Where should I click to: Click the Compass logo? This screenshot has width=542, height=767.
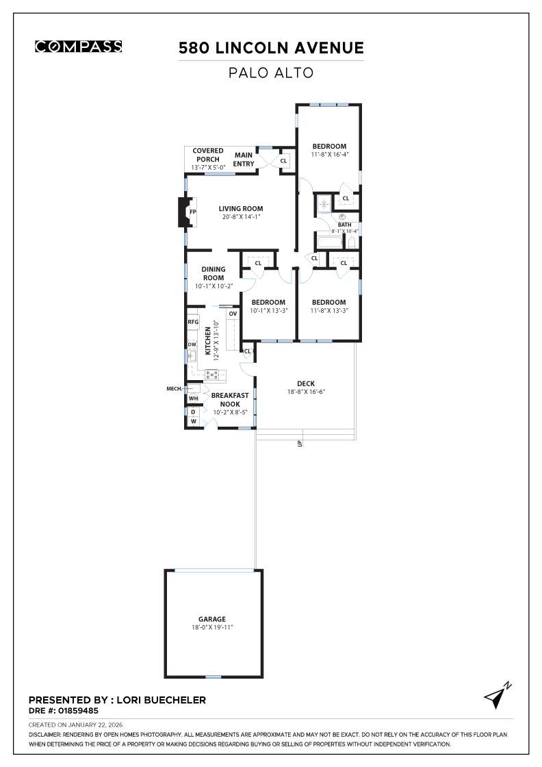[x=78, y=47]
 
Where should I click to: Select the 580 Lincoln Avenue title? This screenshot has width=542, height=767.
[x=271, y=48]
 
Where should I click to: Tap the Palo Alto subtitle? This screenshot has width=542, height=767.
[x=271, y=73]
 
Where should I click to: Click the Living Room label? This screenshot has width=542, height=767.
[x=240, y=209]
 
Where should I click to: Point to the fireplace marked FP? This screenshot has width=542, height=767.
[x=192, y=212]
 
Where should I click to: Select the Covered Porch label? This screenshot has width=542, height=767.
[x=207, y=155]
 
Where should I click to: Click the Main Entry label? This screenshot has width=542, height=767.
[x=244, y=159]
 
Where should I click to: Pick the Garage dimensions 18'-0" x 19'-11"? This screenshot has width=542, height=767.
[x=212, y=627]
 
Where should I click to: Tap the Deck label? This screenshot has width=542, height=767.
[x=305, y=383]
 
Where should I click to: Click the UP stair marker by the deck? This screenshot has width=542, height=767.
[x=299, y=443]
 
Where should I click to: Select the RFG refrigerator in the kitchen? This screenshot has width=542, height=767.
[x=192, y=321]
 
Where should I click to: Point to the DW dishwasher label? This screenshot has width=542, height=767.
[x=192, y=344]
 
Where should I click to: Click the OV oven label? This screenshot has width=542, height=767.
[x=233, y=314]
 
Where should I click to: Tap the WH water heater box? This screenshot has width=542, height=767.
[x=193, y=398]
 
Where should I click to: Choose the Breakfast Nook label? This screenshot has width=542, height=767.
[x=229, y=399]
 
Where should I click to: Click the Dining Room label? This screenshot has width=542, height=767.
[x=213, y=273]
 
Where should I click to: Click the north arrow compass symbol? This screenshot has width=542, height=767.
[x=496, y=695]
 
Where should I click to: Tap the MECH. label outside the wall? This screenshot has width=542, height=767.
[x=175, y=388]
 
